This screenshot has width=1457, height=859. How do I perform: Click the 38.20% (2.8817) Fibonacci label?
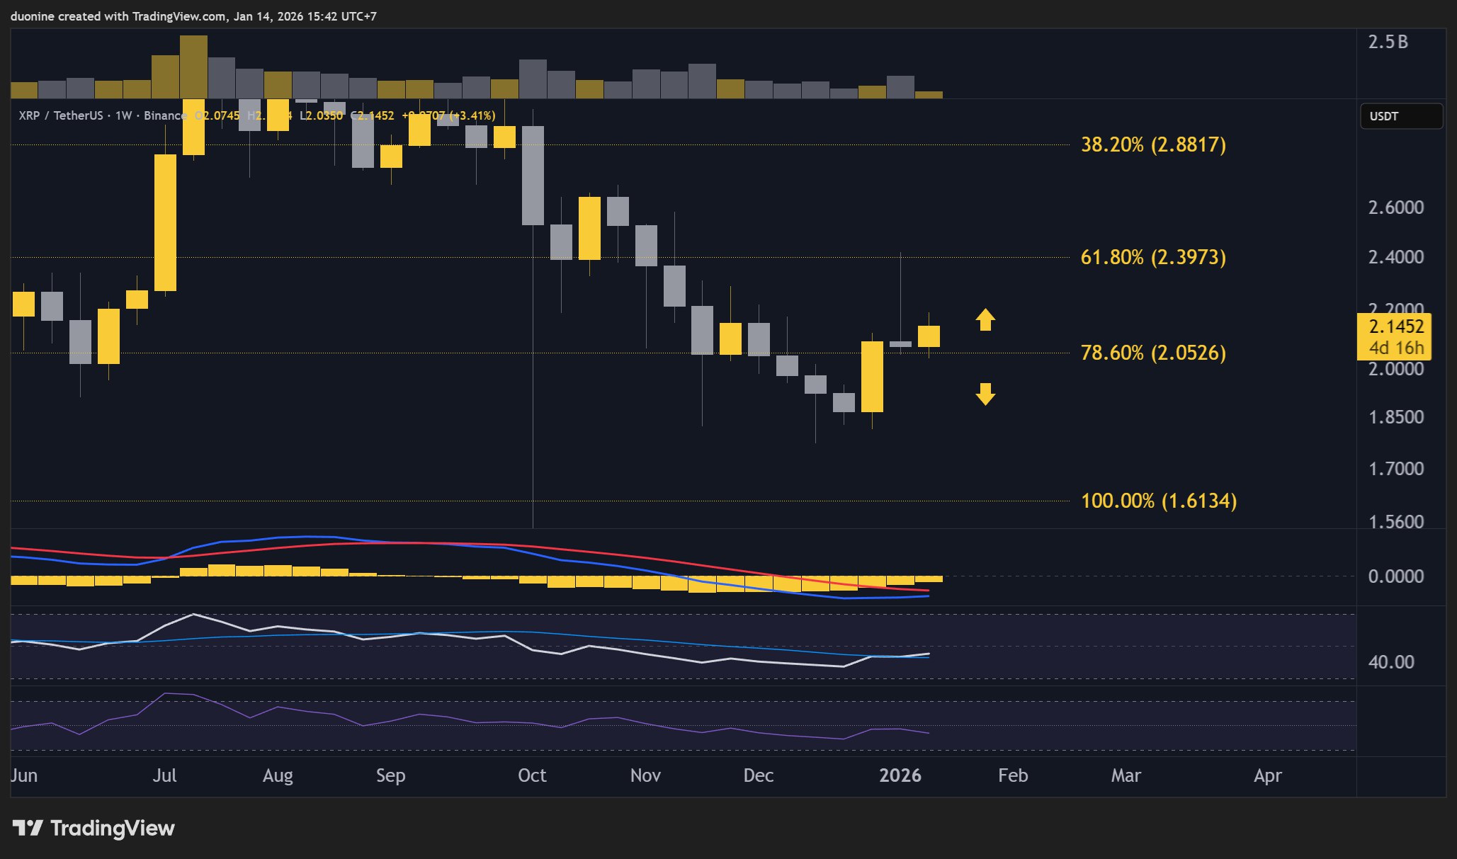[x=1152, y=144]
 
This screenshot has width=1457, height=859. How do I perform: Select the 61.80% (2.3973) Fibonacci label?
[x=1152, y=257]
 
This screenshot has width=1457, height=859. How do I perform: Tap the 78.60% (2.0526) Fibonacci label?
[x=1152, y=353]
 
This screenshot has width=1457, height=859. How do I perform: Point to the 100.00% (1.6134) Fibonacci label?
[x=1158, y=501]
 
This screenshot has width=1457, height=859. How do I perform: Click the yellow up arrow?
[x=985, y=319]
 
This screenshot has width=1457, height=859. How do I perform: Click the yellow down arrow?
[x=985, y=394]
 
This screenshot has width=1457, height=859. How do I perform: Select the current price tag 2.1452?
[x=1395, y=327]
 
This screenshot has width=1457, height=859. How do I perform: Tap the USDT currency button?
[x=1400, y=116]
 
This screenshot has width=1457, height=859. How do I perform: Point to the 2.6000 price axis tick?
[x=1395, y=207]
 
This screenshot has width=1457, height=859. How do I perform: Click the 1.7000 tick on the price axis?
[x=1395, y=469]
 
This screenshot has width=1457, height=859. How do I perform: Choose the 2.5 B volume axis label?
[x=1388, y=42]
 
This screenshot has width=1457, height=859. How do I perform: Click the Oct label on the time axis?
[x=532, y=775]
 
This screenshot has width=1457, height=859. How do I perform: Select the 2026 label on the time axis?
[x=900, y=775]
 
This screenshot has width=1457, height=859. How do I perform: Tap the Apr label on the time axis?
[x=1267, y=775]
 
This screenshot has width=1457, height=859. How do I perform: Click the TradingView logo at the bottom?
[x=93, y=828]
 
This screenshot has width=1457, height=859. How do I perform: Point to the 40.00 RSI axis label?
[x=1390, y=662]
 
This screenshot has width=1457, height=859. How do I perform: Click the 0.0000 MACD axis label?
[x=1395, y=576]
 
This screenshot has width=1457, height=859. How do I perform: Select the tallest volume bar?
[x=193, y=67]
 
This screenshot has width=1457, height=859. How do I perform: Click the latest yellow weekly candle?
[x=929, y=336]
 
